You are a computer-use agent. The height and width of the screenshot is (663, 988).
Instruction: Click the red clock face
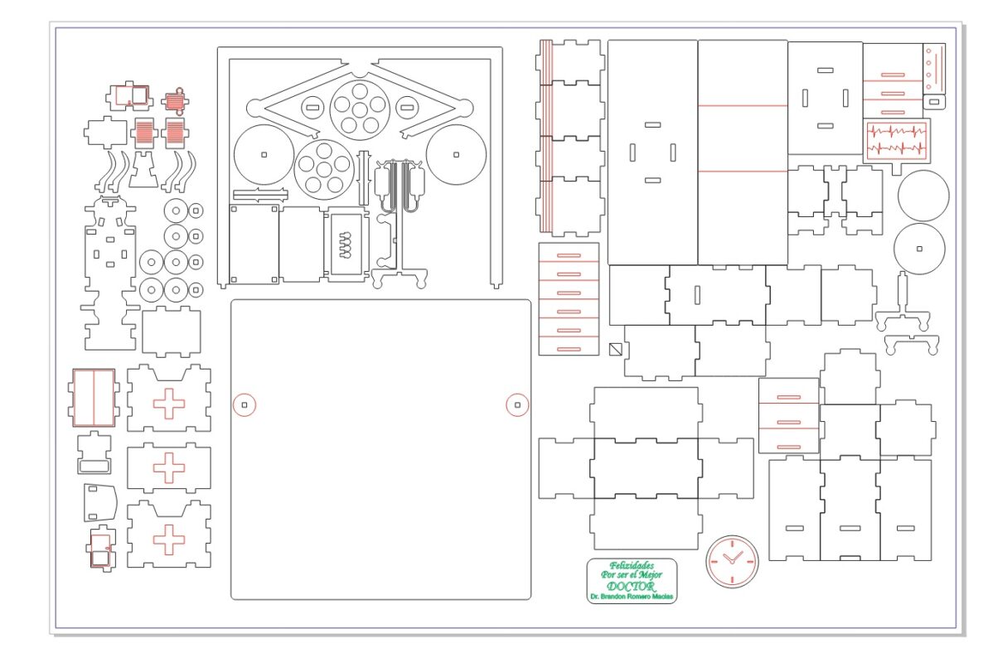coord(732,561)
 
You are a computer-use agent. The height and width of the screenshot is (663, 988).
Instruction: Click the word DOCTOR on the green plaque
coord(631,586)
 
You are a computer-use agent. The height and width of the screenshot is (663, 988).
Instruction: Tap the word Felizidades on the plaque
coord(632,565)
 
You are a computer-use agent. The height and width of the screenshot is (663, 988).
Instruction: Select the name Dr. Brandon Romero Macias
coord(632,596)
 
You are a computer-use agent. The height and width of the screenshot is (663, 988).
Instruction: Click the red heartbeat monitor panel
coord(897,141)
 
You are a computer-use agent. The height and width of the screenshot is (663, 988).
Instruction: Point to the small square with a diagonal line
coord(616,349)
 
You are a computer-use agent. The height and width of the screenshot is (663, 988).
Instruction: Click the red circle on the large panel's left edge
coord(245,405)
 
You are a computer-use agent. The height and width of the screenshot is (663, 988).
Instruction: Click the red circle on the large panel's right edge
coord(517,405)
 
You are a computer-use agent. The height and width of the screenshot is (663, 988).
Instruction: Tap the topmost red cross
coord(169,404)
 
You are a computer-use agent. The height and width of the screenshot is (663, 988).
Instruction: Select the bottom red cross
coord(169,540)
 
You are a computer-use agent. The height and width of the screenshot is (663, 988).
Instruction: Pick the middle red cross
coord(169,467)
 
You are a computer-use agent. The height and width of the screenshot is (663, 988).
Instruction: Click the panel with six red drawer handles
coord(569,298)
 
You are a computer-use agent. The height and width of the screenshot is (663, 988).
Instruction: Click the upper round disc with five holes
coord(359,109)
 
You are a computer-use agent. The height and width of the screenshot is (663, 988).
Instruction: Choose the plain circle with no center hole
coord(923,196)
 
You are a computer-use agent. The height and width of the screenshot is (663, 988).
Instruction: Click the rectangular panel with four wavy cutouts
coord(345,244)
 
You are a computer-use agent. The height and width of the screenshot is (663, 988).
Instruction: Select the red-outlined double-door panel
coord(94,398)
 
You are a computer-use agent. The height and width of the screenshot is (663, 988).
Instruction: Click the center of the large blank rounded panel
coord(380,449)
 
